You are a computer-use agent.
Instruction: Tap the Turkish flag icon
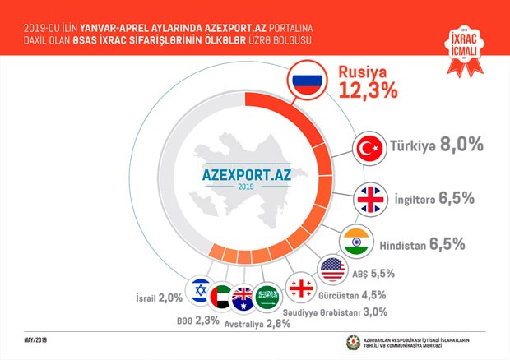click(369, 148)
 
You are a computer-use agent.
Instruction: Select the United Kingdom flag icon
click(369, 199)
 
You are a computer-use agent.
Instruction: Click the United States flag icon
click(331, 268)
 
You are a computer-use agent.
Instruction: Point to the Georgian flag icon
click(298, 289)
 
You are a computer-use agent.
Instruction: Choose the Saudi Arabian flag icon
click(267, 297)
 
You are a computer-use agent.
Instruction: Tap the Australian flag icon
click(243, 298)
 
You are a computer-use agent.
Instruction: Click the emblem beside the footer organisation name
click(354, 342)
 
